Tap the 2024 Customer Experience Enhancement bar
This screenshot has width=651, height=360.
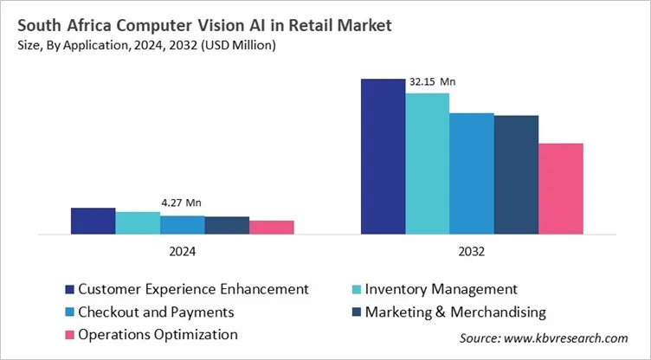point(93,221)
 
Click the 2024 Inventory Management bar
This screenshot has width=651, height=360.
point(138,222)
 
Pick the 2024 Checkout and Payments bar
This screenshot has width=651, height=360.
point(183,224)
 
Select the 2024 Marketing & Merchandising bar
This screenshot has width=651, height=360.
point(227,225)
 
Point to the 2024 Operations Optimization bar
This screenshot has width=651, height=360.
point(272,227)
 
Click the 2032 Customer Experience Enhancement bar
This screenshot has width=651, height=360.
point(383,156)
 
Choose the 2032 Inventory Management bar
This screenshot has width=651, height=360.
point(428,164)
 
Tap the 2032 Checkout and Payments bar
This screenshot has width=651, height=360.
point(472,173)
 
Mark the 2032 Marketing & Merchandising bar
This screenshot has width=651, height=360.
point(516,174)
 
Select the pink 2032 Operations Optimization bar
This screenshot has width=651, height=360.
point(561,189)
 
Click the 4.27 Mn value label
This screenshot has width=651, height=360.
point(181,202)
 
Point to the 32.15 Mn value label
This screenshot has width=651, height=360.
point(433,82)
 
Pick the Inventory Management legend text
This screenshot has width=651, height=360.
point(442,289)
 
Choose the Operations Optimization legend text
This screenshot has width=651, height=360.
point(158,334)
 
